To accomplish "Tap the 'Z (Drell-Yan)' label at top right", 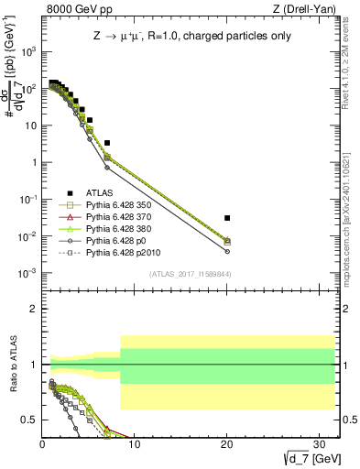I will click(295, 8).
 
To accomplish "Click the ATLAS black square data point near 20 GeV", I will click(227, 218).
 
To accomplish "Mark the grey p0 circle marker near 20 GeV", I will click(227, 251).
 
